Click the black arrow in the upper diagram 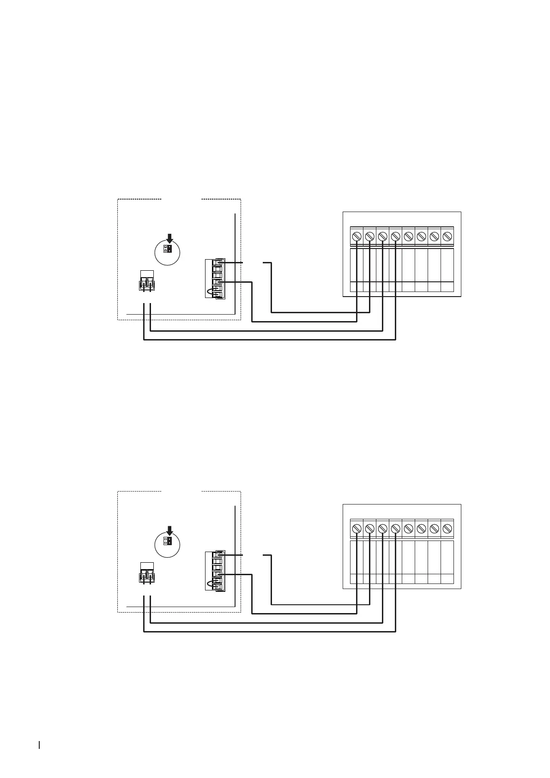tap(169, 238)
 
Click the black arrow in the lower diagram tap(169, 530)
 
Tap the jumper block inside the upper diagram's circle tap(168, 249)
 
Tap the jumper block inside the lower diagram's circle tap(168, 541)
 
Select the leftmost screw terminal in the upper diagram tap(357, 236)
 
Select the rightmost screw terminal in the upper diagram tap(447, 236)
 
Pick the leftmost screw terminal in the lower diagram tap(357, 528)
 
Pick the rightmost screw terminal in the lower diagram tap(447, 528)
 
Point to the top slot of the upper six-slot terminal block tap(217, 263)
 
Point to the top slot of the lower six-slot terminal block tap(217, 555)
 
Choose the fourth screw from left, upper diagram tap(395, 236)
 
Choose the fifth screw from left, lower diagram tap(408, 528)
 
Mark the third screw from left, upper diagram tap(382, 236)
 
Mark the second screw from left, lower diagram tap(369, 528)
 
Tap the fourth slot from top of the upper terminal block tap(217, 282)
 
